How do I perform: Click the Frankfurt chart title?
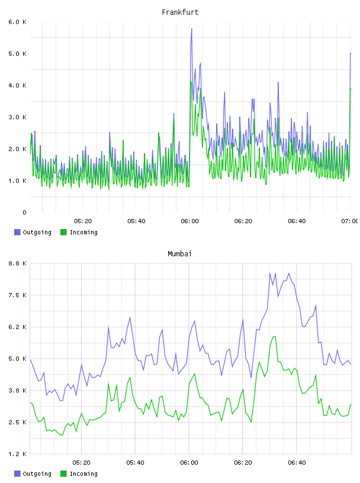pos(180,12)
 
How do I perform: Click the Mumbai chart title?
pos(179,254)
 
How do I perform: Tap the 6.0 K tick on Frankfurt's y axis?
pos(17,22)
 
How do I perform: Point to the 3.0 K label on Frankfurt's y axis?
pos(17,117)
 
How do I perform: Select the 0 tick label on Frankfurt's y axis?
pos(24,212)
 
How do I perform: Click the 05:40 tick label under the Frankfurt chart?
pos(136,221)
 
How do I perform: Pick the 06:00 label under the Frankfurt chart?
pos(190,221)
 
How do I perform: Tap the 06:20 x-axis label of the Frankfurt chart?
pos(243,221)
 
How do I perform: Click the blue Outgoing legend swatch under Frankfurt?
pos(17,232)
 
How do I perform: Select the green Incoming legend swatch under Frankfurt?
pos(63,232)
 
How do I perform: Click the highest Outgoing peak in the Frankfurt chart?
pos(191,29)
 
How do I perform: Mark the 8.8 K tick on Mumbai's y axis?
pos(17,263)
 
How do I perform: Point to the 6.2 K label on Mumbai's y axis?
pos(17,327)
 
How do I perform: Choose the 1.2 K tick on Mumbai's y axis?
pos(17,454)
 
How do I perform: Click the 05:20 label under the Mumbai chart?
pos(81,462)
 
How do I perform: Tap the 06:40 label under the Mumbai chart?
pos(297,462)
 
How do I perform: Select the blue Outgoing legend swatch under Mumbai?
pos(17,474)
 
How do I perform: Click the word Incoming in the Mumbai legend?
pos(83,474)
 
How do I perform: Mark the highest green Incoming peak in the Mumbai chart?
pos(275,336)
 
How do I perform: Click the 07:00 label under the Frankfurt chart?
pos(350,221)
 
